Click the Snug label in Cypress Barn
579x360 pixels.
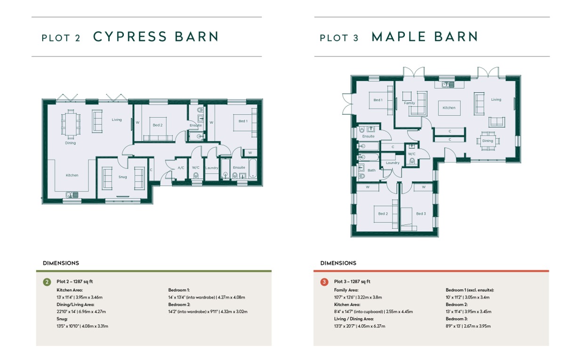tap(122, 177)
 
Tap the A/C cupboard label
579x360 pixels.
tap(181, 168)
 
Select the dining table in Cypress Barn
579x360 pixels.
tap(71, 124)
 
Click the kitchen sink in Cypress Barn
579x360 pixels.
tap(72, 195)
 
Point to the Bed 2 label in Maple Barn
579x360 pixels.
tap(383, 214)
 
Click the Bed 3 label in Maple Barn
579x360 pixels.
tap(421, 214)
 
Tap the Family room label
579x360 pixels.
tap(410, 103)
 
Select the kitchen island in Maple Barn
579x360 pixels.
tap(449, 108)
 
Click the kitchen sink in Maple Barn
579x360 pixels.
tap(448, 85)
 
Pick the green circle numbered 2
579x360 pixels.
tap(47, 282)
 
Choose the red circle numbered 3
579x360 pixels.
tap(324, 282)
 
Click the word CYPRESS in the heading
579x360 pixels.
tap(130, 36)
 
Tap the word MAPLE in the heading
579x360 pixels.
tap(399, 36)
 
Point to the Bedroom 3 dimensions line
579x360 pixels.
tap(468, 326)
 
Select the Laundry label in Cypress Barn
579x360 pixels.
tap(212, 168)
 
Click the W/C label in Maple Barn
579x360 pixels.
tap(412, 154)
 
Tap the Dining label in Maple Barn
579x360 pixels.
tap(488, 141)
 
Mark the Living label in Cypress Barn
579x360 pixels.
tap(117, 120)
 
